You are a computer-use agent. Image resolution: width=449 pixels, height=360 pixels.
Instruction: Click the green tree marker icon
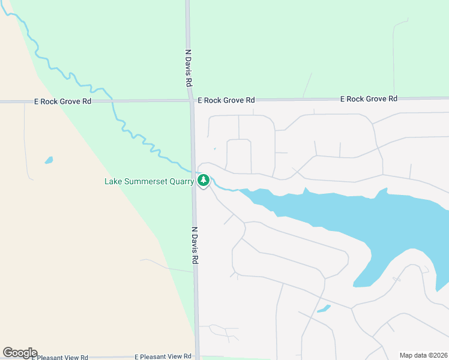coord(203,180)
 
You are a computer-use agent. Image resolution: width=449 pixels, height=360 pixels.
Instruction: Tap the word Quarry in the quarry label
coord(179,181)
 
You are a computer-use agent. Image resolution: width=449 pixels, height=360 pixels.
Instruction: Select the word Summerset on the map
coord(141,181)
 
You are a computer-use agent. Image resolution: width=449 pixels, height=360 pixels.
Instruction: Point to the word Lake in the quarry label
coord(113,181)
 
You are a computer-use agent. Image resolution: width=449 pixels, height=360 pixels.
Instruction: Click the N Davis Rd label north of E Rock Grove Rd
coord(188,67)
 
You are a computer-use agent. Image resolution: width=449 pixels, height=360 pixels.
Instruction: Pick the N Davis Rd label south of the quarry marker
coord(195,245)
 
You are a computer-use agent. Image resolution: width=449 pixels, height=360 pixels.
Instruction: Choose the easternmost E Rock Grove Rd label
coord(369,98)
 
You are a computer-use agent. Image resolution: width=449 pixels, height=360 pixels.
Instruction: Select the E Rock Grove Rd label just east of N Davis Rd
coord(226,100)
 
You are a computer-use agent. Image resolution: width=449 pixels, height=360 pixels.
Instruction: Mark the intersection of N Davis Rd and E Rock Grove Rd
coord(191,101)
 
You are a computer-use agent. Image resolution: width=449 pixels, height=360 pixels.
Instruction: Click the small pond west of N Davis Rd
coord(49,160)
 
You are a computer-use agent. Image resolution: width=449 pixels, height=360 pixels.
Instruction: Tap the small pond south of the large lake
coord(324,309)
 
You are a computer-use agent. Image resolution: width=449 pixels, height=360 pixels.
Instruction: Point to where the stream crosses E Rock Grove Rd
coord(112,101)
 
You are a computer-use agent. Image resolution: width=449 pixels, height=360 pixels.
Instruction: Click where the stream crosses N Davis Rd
coord(193,171)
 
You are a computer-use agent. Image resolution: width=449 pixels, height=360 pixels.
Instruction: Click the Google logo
coord(20,353)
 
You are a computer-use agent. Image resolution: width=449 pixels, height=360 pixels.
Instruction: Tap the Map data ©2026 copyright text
coord(423,355)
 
